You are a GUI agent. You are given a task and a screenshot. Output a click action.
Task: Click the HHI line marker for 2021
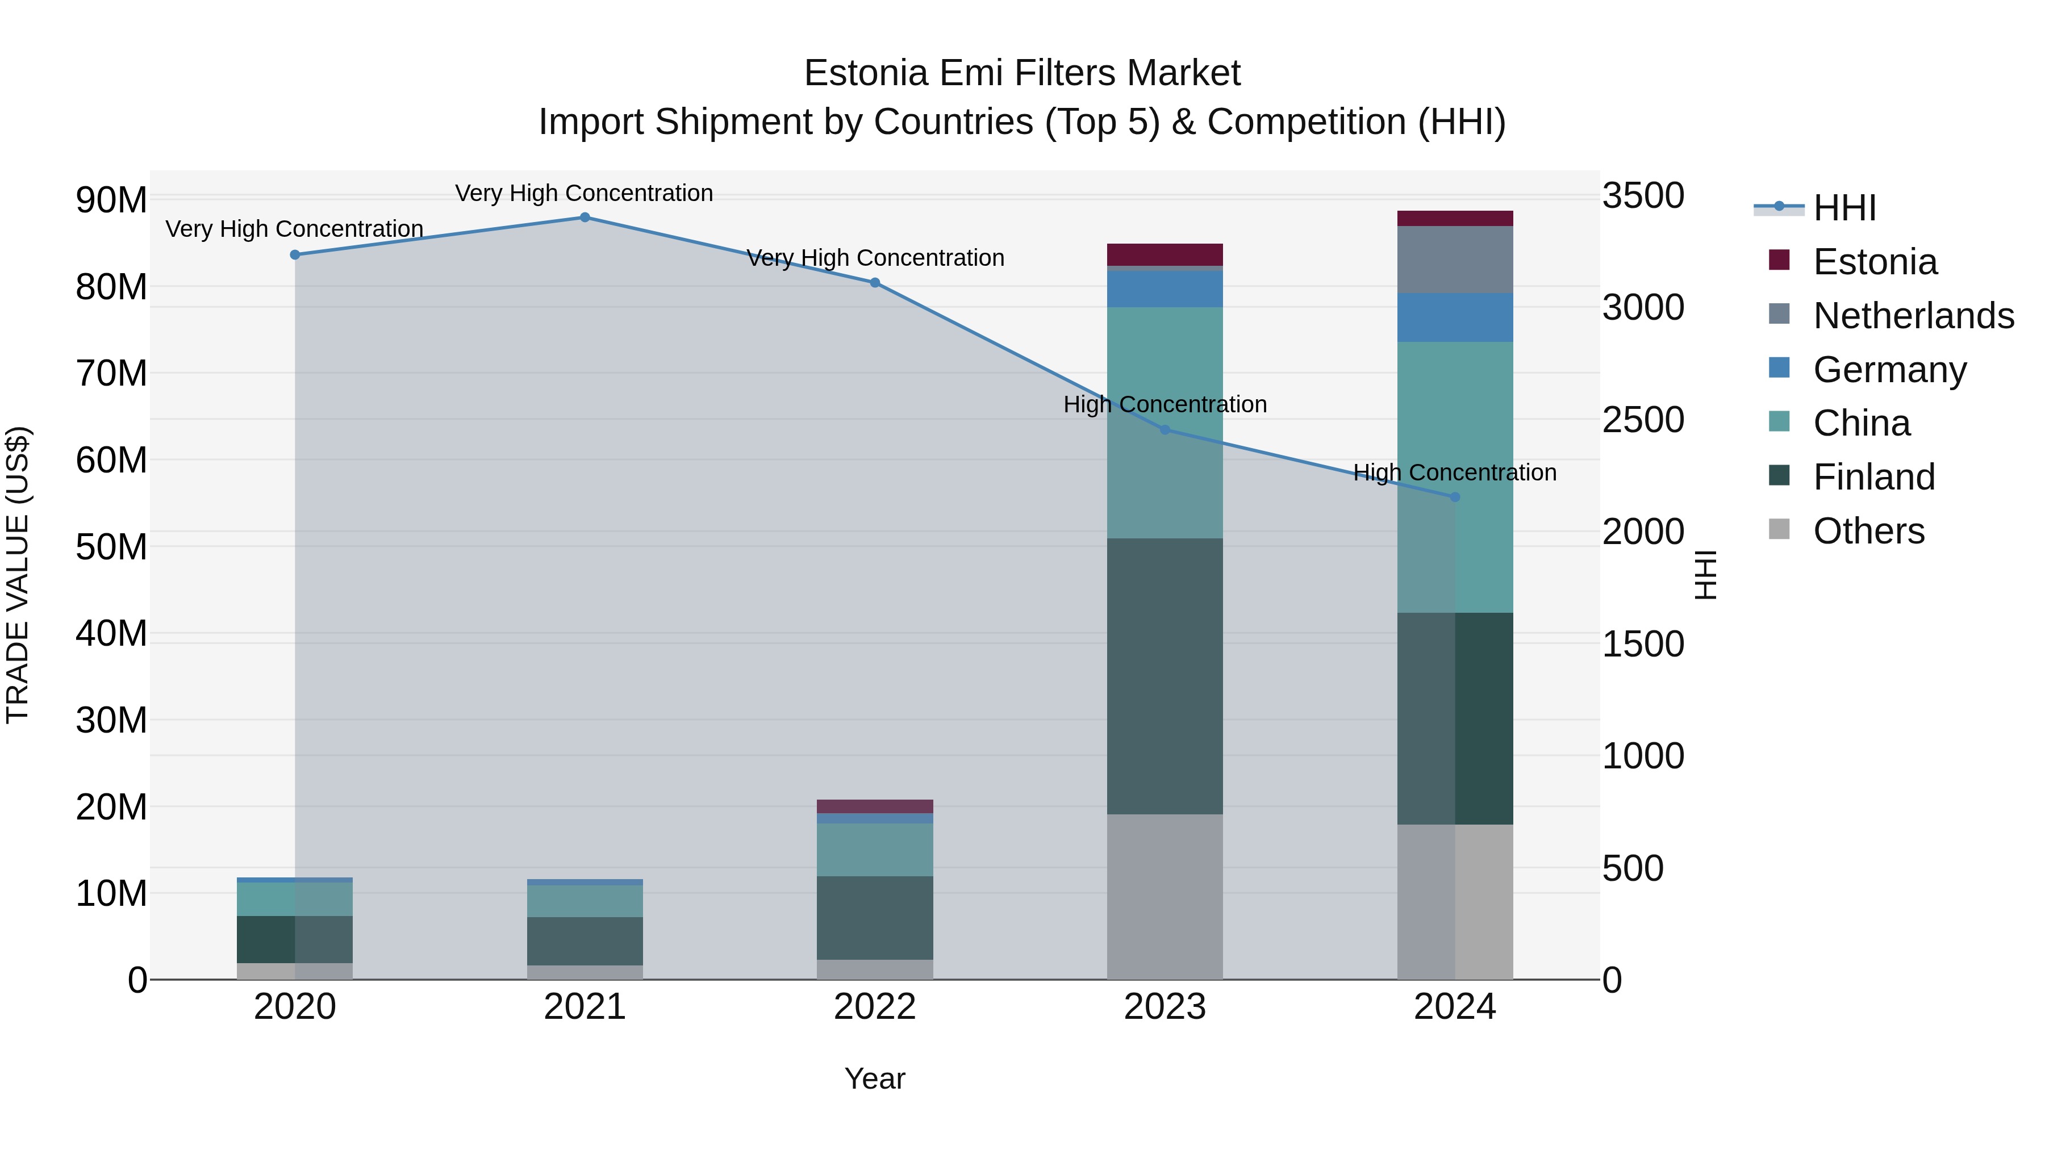(x=585, y=218)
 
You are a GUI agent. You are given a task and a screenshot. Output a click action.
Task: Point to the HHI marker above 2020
(x=294, y=255)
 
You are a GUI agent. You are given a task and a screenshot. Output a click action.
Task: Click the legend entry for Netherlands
(x=1913, y=316)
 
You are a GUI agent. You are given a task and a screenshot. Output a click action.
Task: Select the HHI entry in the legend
(x=1844, y=208)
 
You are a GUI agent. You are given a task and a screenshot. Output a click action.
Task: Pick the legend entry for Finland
(x=1873, y=477)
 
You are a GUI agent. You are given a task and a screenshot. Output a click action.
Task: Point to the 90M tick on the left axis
(x=111, y=200)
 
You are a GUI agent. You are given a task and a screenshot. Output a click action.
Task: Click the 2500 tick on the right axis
(x=1642, y=420)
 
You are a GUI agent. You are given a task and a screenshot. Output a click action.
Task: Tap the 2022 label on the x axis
(x=875, y=1007)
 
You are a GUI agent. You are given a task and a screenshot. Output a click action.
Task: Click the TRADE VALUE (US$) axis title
(x=18, y=575)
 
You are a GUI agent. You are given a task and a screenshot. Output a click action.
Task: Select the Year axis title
(x=875, y=1078)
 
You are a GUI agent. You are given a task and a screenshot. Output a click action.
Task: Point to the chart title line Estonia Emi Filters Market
(x=1022, y=73)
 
